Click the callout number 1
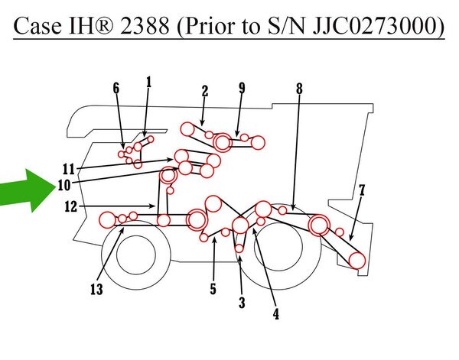click(148, 83)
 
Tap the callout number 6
click(116, 88)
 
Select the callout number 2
click(205, 91)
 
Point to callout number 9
click(242, 88)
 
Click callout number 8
click(299, 89)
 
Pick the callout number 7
click(362, 190)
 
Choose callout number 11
click(69, 170)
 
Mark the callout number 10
click(64, 185)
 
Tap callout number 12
click(71, 207)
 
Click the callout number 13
click(96, 290)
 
